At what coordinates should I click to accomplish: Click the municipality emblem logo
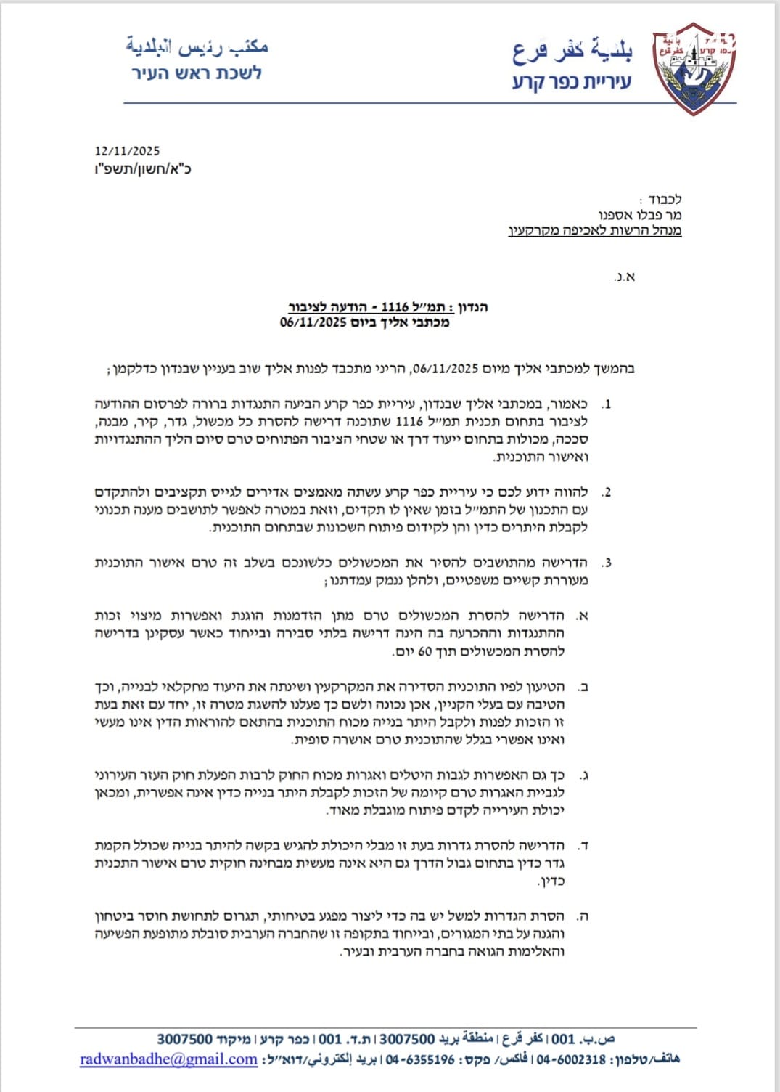(x=694, y=70)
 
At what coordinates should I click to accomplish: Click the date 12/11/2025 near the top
(x=127, y=151)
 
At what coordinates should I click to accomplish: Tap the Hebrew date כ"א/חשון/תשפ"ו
(x=143, y=169)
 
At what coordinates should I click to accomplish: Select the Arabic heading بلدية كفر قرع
(x=572, y=49)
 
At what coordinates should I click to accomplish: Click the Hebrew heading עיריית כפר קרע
(x=572, y=81)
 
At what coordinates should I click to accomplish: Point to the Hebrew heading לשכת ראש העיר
(x=196, y=73)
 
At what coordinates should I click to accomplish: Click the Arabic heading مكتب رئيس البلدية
(x=197, y=47)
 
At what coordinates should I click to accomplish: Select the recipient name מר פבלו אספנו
(x=639, y=215)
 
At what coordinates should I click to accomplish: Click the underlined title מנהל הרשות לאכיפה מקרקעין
(x=594, y=231)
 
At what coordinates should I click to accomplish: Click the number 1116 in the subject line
(x=395, y=306)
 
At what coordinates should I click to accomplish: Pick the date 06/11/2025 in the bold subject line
(x=313, y=322)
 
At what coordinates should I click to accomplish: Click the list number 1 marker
(x=607, y=404)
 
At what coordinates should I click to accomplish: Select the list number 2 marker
(x=607, y=492)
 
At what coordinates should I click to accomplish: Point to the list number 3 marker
(x=607, y=563)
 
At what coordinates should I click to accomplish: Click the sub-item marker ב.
(x=581, y=687)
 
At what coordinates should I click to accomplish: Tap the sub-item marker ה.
(x=581, y=916)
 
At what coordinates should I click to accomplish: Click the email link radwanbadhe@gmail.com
(x=168, y=1059)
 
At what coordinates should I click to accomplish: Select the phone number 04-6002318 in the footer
(x=571, y=1059)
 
